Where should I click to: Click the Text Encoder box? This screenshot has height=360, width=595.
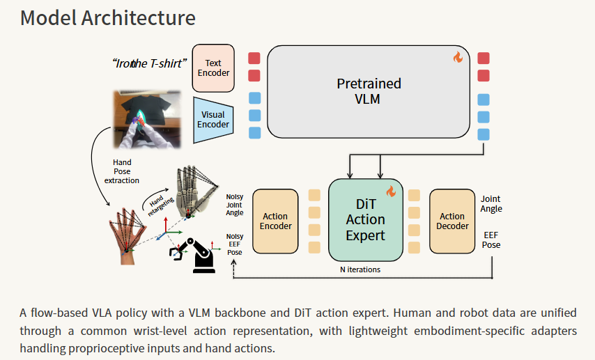coord(213,68)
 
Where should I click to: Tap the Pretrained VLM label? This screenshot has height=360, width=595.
coord(369,91)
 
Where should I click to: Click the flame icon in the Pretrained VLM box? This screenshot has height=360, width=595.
coord(458,58)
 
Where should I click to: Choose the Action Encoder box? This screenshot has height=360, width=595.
coord(276,221)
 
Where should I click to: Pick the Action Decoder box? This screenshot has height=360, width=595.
coord(452,221)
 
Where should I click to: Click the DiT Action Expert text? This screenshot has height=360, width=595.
coord(365,219)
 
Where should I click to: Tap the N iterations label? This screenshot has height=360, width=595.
coord(360,269)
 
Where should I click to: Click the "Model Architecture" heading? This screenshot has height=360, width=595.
coord(107,18)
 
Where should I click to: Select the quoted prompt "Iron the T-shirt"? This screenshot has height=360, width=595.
coord(149,63)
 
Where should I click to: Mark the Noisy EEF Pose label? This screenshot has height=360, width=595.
coord(235,244)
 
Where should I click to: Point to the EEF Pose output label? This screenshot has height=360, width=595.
coord(492,240)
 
